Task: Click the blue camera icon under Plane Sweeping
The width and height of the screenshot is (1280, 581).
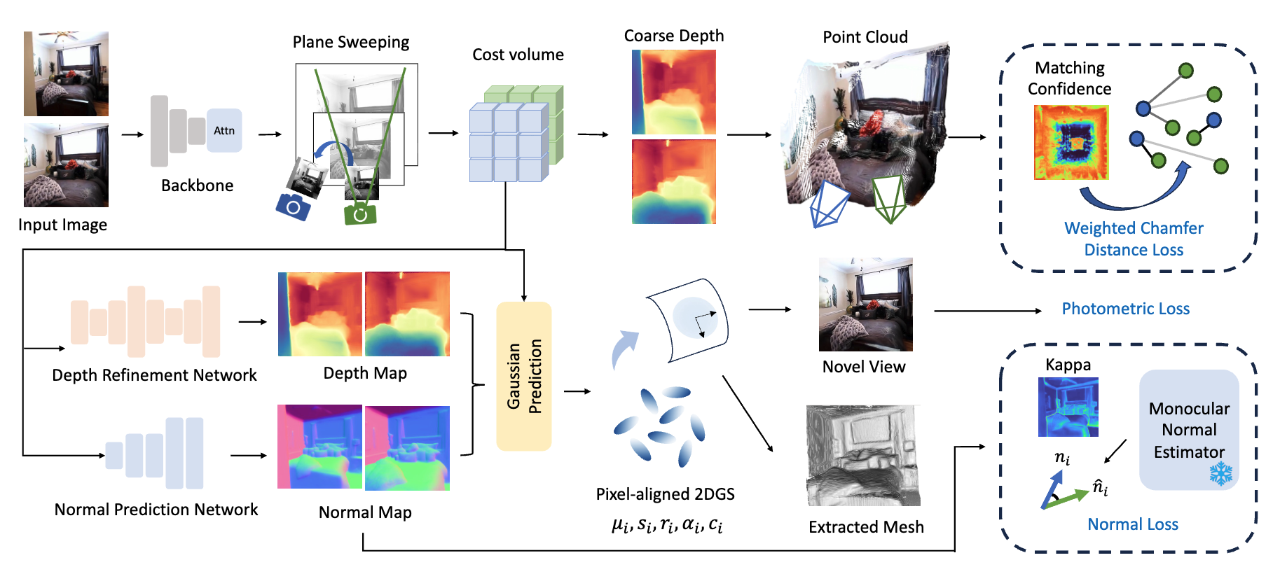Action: point(293,206)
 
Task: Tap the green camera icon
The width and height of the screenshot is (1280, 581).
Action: point(360,213)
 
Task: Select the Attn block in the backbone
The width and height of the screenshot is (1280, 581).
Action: point(224,130)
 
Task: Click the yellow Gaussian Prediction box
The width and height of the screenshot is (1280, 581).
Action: point(524,376)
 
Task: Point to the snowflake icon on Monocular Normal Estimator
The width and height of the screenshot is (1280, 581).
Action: point(1221,473)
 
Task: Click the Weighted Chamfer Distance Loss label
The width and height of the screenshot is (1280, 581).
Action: point(1134,239)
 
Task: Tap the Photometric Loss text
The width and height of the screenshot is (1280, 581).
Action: point(1125,309)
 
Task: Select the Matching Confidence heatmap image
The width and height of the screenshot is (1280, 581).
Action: point(1071,142)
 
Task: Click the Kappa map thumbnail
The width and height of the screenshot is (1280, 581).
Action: point(1068,407)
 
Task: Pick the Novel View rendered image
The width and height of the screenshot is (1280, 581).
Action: point(866,304)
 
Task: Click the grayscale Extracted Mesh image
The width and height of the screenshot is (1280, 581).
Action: point(863,455)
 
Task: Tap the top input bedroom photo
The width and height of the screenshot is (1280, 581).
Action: point(66,73)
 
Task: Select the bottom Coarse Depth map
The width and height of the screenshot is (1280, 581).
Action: point(674,181)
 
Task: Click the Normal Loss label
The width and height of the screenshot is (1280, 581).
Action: point(1133,524)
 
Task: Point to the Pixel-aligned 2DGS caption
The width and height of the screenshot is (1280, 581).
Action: point(665,494)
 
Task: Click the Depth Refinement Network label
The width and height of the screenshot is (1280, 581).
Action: point(154,375)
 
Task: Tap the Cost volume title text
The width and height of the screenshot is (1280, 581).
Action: point(518,55)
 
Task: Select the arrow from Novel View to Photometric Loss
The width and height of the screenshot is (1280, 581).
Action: point(988,311)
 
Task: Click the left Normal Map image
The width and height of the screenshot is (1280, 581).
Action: point(319,447)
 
